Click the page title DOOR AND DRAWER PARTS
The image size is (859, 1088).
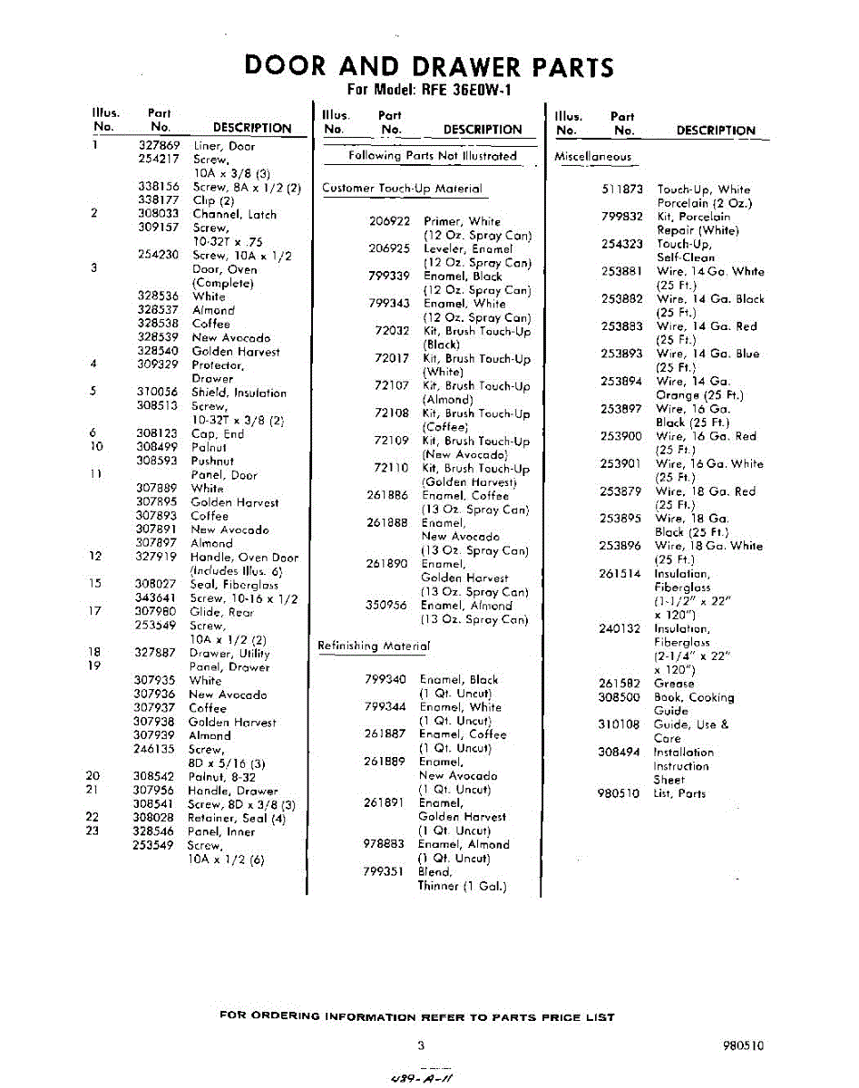coord(429,66)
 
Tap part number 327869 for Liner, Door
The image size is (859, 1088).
coord(160,146)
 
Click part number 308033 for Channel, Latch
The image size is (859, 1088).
coord(158,214)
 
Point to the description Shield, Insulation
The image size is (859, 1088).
coord(239,393)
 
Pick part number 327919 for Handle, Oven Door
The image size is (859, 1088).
coord(157,557)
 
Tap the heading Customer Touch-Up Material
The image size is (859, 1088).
coord(402,189)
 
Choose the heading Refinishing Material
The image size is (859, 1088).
coord(373,646)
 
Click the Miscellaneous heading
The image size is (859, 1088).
coord(592,157)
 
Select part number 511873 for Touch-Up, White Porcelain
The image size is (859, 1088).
coord(621,189)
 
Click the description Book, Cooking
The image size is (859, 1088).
coord(694,697)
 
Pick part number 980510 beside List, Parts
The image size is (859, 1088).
coord(620,793)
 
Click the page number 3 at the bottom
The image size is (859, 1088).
coord(421,1044)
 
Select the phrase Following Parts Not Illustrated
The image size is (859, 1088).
coord(433,156)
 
